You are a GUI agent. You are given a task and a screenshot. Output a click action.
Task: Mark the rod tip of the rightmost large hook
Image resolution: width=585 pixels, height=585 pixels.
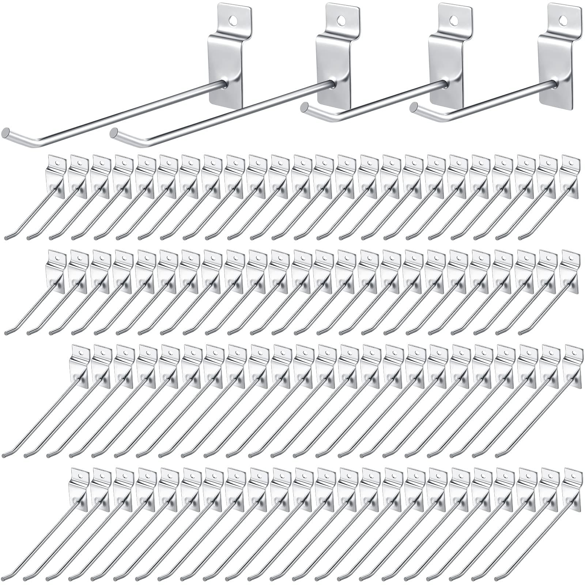(414, 107)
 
